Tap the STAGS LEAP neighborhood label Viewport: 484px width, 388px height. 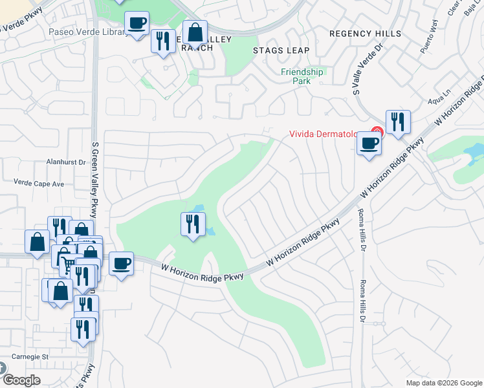point(281,50)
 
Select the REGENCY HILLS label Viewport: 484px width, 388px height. point(365,34)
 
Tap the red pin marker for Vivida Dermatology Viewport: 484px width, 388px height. point(378,133)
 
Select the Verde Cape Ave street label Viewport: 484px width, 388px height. point(39,184)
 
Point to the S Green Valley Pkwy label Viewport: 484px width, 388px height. point(95,175)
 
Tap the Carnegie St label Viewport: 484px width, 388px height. point(27,356)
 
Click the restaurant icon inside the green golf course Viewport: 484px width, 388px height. point(193,224)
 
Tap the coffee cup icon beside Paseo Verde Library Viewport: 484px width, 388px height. point(137,24)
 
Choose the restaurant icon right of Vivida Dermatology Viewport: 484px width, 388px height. point(399,122)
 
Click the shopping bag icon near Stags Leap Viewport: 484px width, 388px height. point(194,32)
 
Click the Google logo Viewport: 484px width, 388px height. point(21,380)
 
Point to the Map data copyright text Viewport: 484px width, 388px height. point(444,383)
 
